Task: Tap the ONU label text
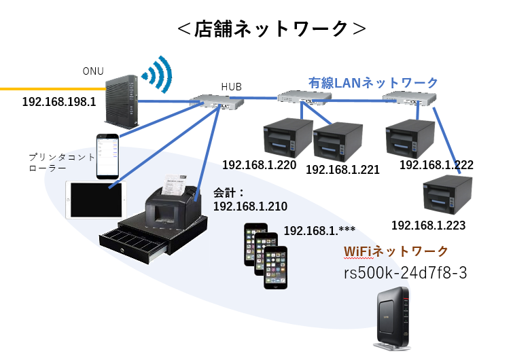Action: pos(93,71)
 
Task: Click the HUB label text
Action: pos(231,86)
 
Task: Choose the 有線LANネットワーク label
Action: pos(373,82)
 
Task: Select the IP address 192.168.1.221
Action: pos(342,170)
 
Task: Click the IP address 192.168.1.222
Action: pos(436,165)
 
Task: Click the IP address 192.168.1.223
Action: pos(428,225)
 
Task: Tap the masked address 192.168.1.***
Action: pos(319,230)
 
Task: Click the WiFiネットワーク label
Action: pos(395,251)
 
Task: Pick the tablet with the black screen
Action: pos(96,200)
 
